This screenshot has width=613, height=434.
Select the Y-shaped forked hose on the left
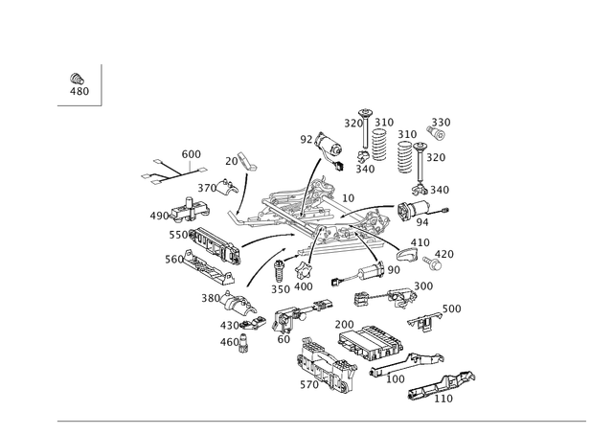[x=163, y=172]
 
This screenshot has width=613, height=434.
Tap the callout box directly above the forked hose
[x=192, y=152]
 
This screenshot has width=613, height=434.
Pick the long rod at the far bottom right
[x=445, y=383]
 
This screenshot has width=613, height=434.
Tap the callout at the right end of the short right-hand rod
[x=453, y=308]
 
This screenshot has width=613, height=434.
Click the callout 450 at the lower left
[x=228, y=340]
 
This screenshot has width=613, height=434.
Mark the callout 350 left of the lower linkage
[x=209, y=299]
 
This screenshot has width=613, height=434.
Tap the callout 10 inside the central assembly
[x=348, y=198]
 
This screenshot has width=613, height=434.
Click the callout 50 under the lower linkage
[x=284, y=336]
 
